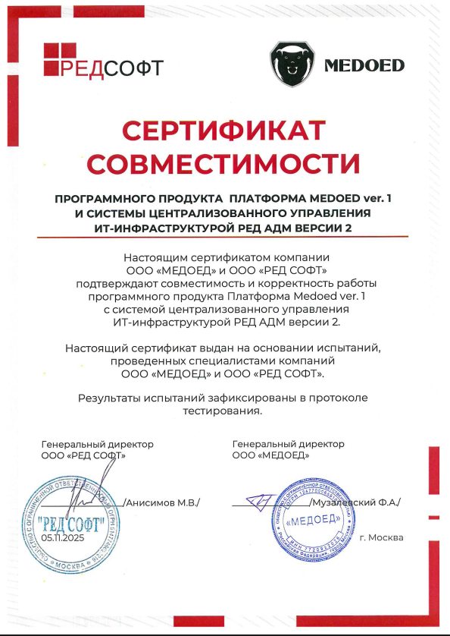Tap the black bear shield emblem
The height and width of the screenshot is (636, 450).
tap(292, 64)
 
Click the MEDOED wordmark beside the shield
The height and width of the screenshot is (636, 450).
tap(364, 65)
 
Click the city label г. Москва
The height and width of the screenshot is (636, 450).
tap(382, 537)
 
